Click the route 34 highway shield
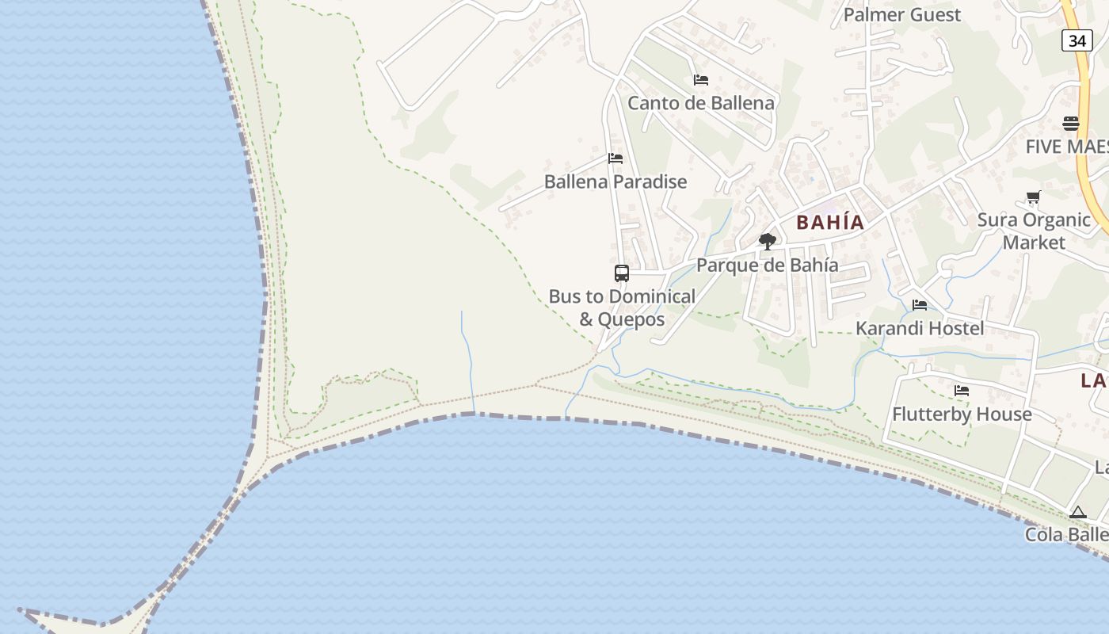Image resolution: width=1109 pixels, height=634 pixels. pyautogui.click(x=1077, y=40)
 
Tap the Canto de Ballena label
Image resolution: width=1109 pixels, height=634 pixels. pyautogui.click(x=701, y=103)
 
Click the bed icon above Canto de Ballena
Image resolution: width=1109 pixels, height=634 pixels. pyautogui.click(x=701, y=80)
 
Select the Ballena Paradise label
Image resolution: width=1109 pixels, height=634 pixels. pyautogui.click(x=615, y=181)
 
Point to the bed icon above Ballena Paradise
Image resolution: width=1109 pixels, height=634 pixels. pyautogui.click(x=615, y=158)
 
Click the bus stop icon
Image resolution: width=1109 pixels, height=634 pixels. pyautogui.click(x=622, y=273)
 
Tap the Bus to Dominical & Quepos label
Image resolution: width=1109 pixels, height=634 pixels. pyautogui.click(x=622, y=307)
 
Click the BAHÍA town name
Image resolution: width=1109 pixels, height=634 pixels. pyautogui.click(x=830, y=223)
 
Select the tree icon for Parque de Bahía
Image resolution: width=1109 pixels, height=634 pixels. pyautogui.click(x=767, y=242)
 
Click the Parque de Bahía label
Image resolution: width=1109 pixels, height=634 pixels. pyautogui.click(x=767, y=265)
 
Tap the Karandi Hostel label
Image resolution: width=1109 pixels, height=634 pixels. pyautogui.click(x=920, y=328)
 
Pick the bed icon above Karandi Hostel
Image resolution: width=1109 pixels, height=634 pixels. pyautogui.click(x=920, y=305)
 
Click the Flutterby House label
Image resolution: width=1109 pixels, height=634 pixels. pyautogui.click(x=962, y=414)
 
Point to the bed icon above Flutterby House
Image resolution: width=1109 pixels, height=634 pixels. pyautogui.click(x=962, y=391)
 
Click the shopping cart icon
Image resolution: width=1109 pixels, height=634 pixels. pyautogui.click(x=1033, y=197)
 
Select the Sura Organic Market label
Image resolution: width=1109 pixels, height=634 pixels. pyautogui.click(x=1034, y=231)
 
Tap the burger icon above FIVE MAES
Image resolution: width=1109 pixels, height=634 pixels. pyautogui.click(x=1071, y=124)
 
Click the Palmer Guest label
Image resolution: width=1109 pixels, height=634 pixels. pyautogui.click(x=901, y=15)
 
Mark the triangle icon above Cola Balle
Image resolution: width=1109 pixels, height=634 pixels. pyautogui.click(x=1077, y=513)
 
